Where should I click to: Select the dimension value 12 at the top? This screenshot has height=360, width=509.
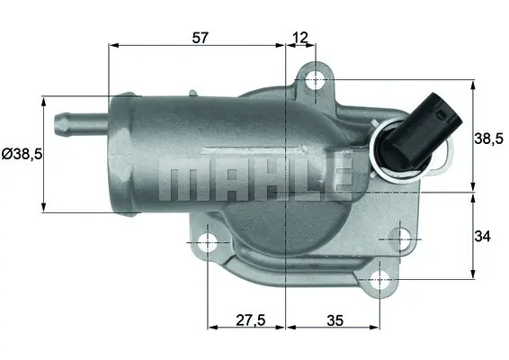coord(300,37)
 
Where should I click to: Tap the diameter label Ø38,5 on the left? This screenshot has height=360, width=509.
coord(22,154)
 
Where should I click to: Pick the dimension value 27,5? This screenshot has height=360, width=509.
coord(246,318)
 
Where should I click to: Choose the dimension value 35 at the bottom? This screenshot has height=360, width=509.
coord(334,318)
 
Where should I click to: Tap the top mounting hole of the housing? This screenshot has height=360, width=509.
coord(315,81)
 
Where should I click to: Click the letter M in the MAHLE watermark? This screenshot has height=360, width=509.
coord(179,181)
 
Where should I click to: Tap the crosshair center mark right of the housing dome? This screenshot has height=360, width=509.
coord(396,238)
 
